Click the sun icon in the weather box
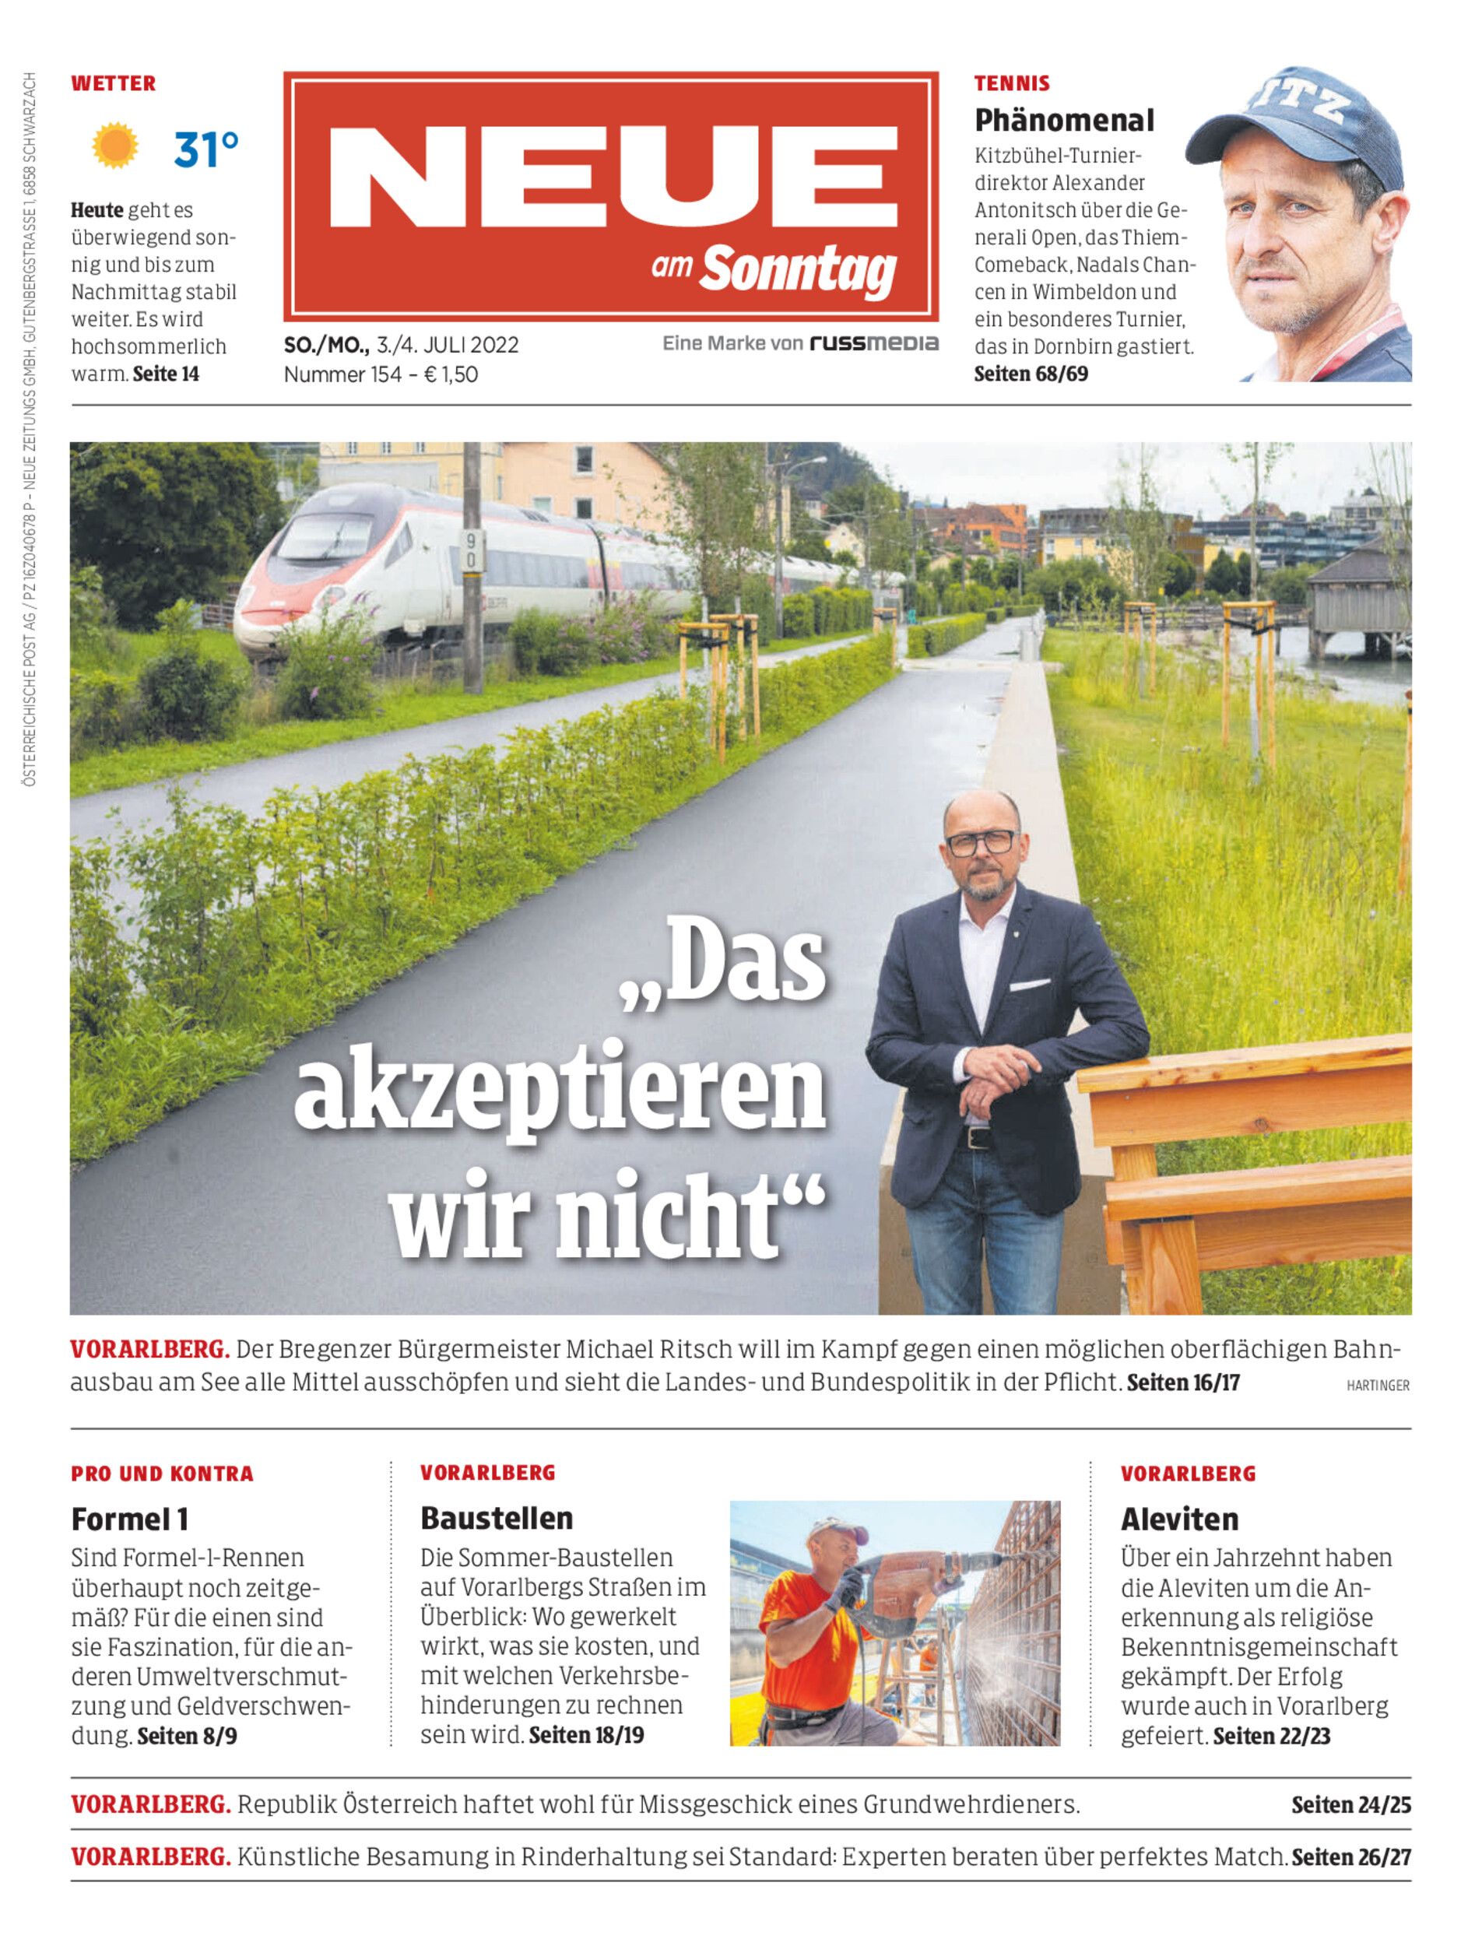click(114, 146)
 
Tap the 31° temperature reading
click(205, 149)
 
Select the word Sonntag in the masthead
click(799, 270)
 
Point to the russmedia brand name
click(874, 343)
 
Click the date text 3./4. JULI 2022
click(448, 345)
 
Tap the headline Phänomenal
click(1064, 120)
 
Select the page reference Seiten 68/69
click(1031, 374)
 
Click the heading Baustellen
click(497, 1518)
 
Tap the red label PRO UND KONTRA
click(163, 1474)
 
